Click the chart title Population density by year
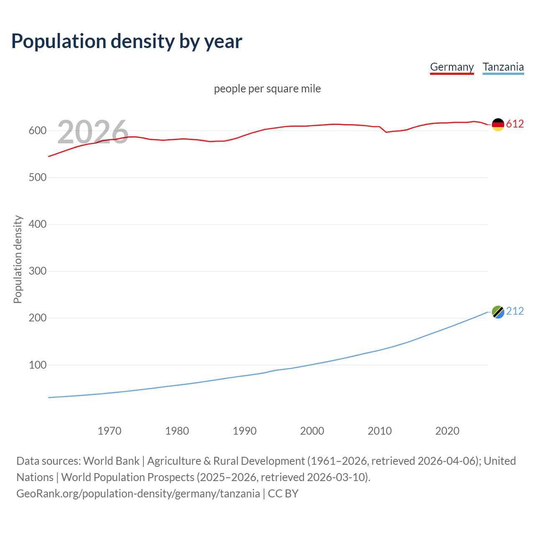[127, 41]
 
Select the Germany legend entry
[452, 67]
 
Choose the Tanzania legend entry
[503, 67]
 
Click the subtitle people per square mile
[267, 89]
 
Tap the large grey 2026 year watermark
[93, 132]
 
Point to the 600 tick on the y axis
[38, 131]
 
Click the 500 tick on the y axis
[38, 178]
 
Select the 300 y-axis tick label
[38, 271]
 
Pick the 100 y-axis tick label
[38, 365]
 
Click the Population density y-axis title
[18, 259]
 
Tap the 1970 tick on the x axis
[110, 431]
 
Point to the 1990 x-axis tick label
[245, 431]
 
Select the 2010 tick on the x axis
[380, 431]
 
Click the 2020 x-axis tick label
[447, 431]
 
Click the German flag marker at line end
[498, 124]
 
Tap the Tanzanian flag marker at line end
[498, 312]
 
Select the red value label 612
[515, 124]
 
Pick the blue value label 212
[515, 311]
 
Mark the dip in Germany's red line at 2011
[386, 132]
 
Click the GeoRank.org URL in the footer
[138, 494]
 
